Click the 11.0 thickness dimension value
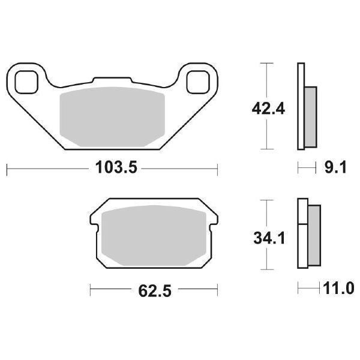pyautogui.click(x=337, y=290)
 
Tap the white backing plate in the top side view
pyautogui.click(x=301, y=106)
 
